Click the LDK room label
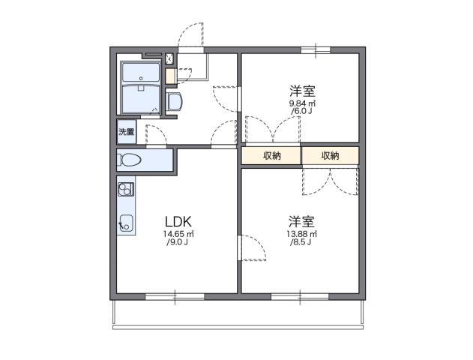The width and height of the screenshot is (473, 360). point(179,221)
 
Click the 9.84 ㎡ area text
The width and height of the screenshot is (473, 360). point(303,103)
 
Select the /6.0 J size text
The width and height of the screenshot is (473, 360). point(303,112)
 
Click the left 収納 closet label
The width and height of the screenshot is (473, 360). point(271,156)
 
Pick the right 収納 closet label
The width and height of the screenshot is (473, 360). point(330,156)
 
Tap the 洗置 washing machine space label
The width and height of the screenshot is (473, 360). point(126,133)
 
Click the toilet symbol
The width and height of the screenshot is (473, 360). point(130,160)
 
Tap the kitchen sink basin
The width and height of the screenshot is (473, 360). point(125,222)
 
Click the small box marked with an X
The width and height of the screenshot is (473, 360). point(169,58)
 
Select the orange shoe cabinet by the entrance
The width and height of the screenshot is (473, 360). point(170,76)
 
